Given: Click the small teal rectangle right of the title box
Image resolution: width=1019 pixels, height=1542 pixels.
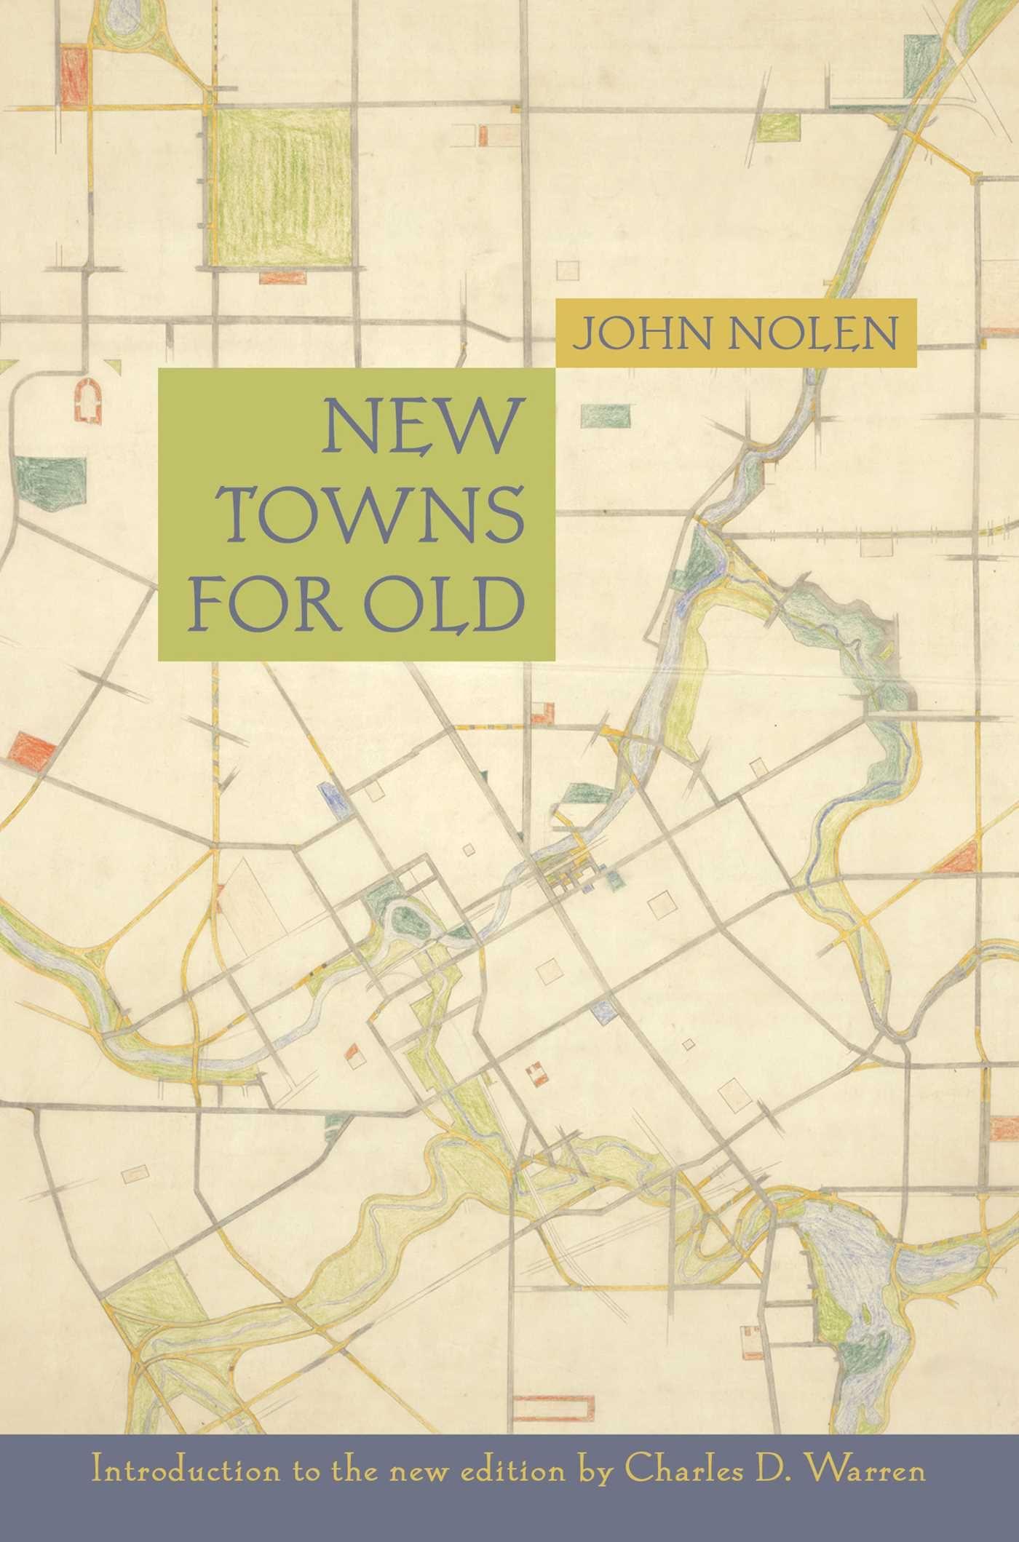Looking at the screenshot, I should (606, 416).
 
